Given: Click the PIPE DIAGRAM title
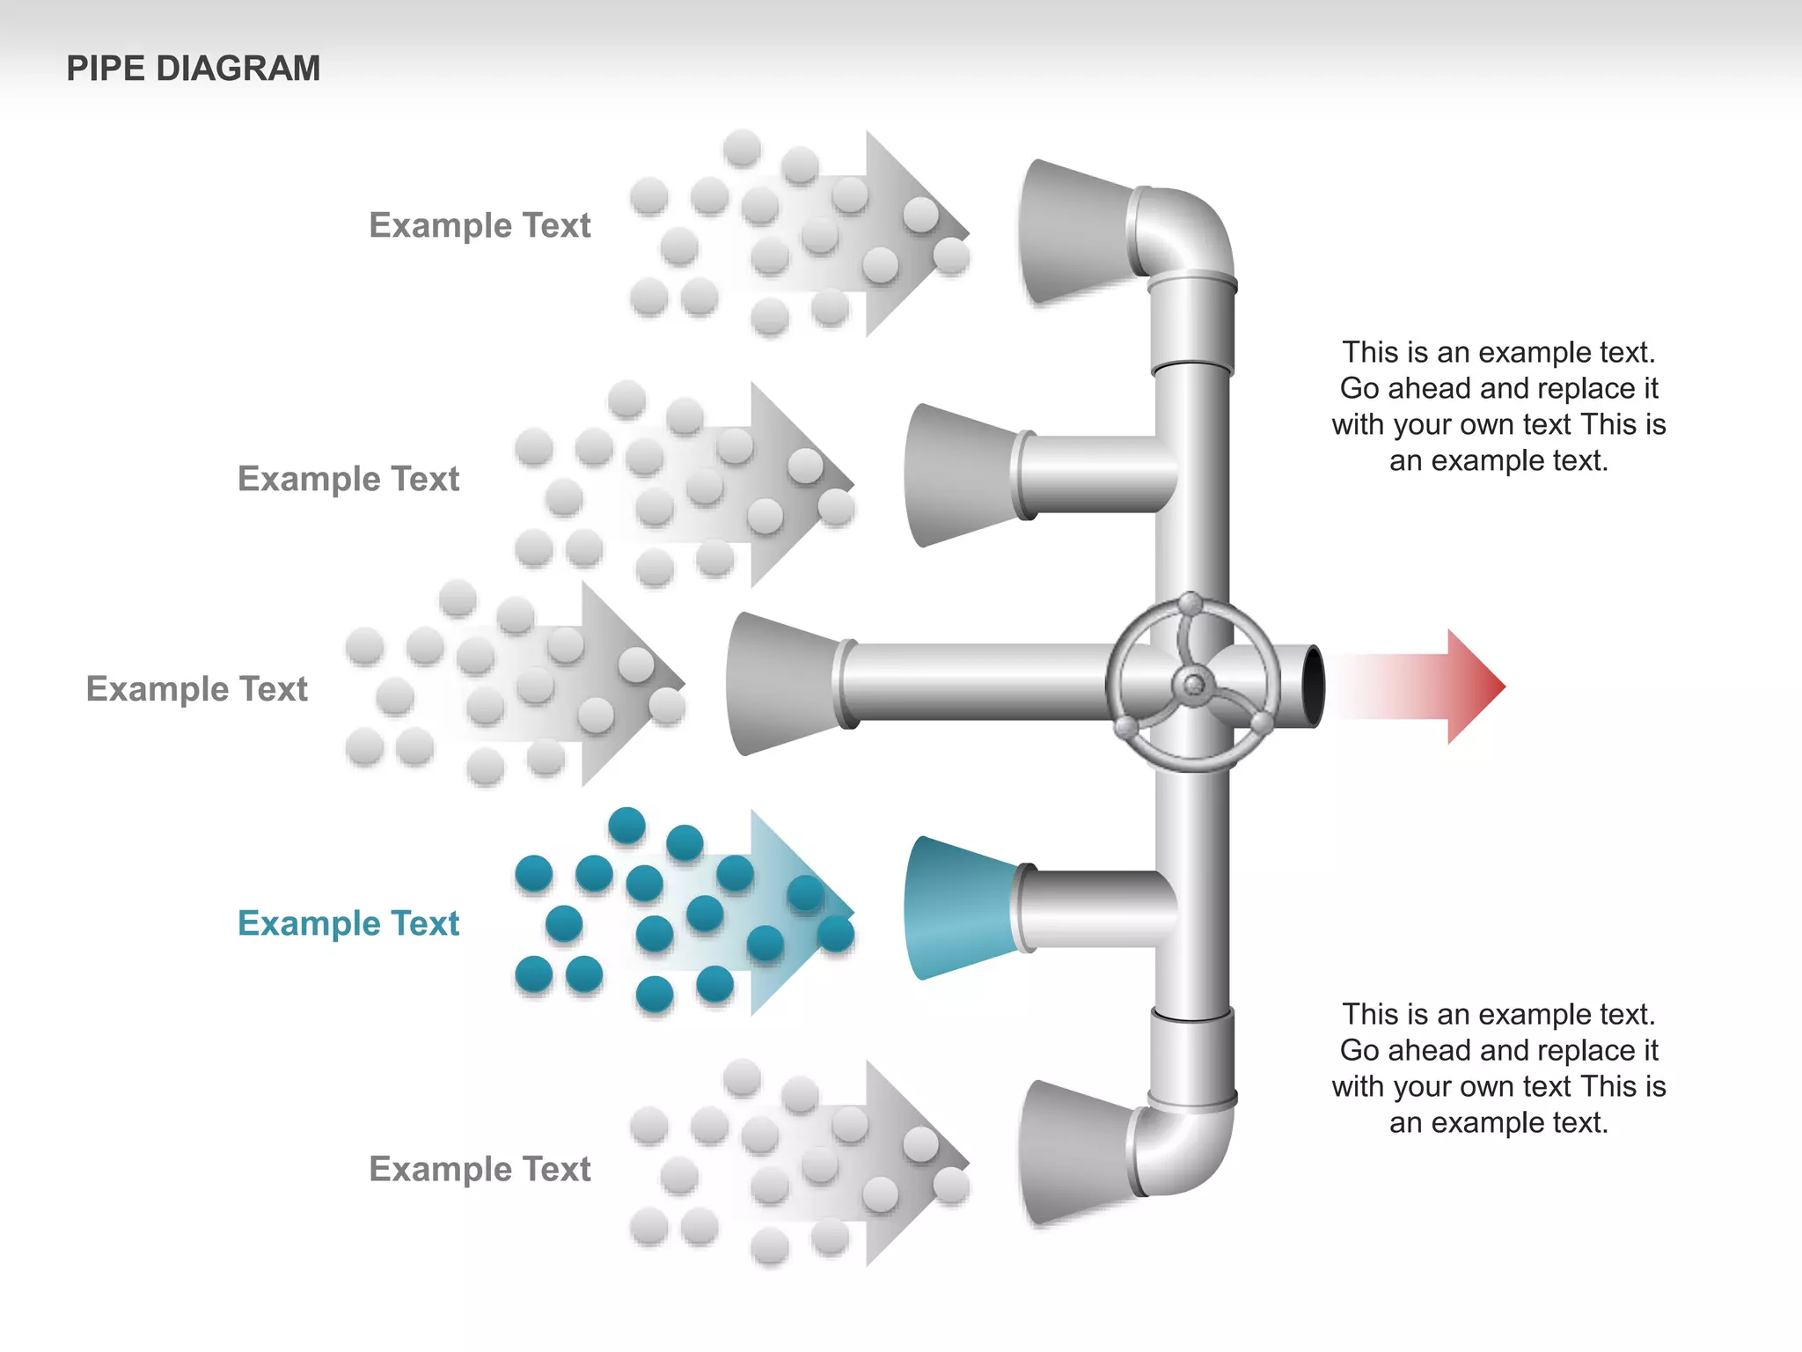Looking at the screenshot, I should [193, 69].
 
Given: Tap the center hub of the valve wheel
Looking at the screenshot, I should [1193, 685].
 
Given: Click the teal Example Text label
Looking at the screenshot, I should [348, 923].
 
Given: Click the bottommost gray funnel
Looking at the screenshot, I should [1073, 1153].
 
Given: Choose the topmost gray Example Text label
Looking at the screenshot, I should [480, 225].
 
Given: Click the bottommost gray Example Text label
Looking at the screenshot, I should [480, 1169].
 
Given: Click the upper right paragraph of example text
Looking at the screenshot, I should [1498, 406].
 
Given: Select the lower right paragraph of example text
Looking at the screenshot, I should [1498, 1068].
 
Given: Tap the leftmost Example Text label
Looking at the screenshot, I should [196, 688].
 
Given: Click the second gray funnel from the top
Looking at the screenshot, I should [959, 475].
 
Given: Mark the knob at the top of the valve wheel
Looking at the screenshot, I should [1190, 604].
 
